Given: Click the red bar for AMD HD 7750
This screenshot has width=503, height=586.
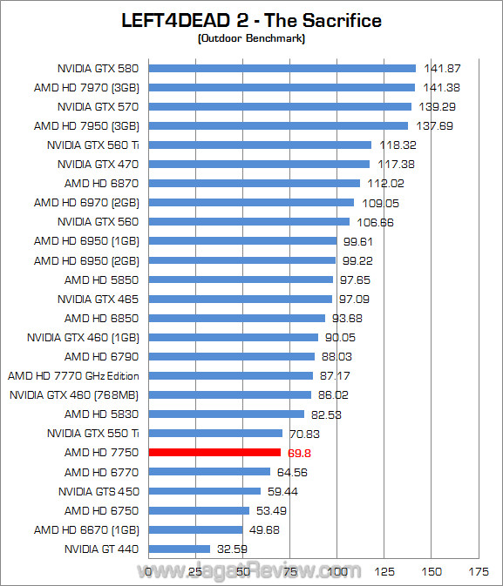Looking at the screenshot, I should (x=214, y=453).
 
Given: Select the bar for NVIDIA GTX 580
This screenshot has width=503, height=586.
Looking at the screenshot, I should (x=282, y=68).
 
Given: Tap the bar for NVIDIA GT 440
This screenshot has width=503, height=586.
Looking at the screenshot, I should (x=180, y=549).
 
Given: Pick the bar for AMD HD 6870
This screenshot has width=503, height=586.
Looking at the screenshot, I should (x=255, y=183).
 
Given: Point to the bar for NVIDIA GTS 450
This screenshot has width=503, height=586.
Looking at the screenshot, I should (x=205, y=491).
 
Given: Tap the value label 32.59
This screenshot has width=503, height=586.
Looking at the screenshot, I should (x=232, y=549).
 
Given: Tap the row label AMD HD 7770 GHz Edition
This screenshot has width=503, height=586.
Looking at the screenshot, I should (x=73, y=376).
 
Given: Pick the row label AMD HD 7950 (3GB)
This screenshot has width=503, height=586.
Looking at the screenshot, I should (x=86, y=125).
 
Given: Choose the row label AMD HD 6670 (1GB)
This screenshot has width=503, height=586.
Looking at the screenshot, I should (x=86, y=529).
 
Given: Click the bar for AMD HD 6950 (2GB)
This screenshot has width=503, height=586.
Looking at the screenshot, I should (x=242, y=259).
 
